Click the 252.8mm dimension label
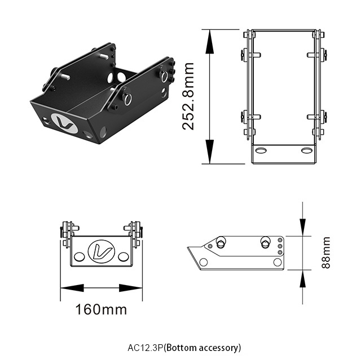pyautogui.click(x=189, y=96)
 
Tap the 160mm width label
pyautogui.click(x=101, y=309)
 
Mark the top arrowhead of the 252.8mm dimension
pyautogui.click(x=209, y=34)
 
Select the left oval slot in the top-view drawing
pyautogui.click(x=260, y=150)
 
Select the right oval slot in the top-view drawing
pyautogui.click(x=306, y=150)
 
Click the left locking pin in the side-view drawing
pyautogui.click(x=219, y=243)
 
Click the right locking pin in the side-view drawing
pyautogui.click(x=265, y=243)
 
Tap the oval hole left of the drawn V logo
pyautogui.click(x=80, y=256)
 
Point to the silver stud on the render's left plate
pyautogui.click(x=104, y=56)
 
